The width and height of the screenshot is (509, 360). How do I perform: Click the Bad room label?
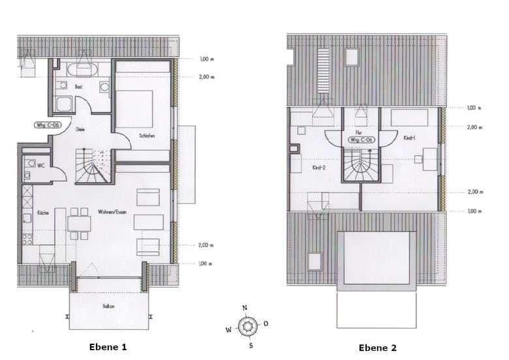pos(78,86)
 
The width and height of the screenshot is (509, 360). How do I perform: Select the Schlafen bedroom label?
pos(147,136)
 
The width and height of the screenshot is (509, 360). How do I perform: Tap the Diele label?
pos(80,129)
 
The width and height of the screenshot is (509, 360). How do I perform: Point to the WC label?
pos(41,166)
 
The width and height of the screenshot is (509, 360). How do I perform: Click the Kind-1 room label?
pos(410,138)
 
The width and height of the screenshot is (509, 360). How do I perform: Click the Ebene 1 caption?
pos(107,347)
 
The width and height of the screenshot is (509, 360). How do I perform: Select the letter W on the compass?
pos(228,330)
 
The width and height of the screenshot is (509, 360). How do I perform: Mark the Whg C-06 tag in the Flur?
pos(361,140)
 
